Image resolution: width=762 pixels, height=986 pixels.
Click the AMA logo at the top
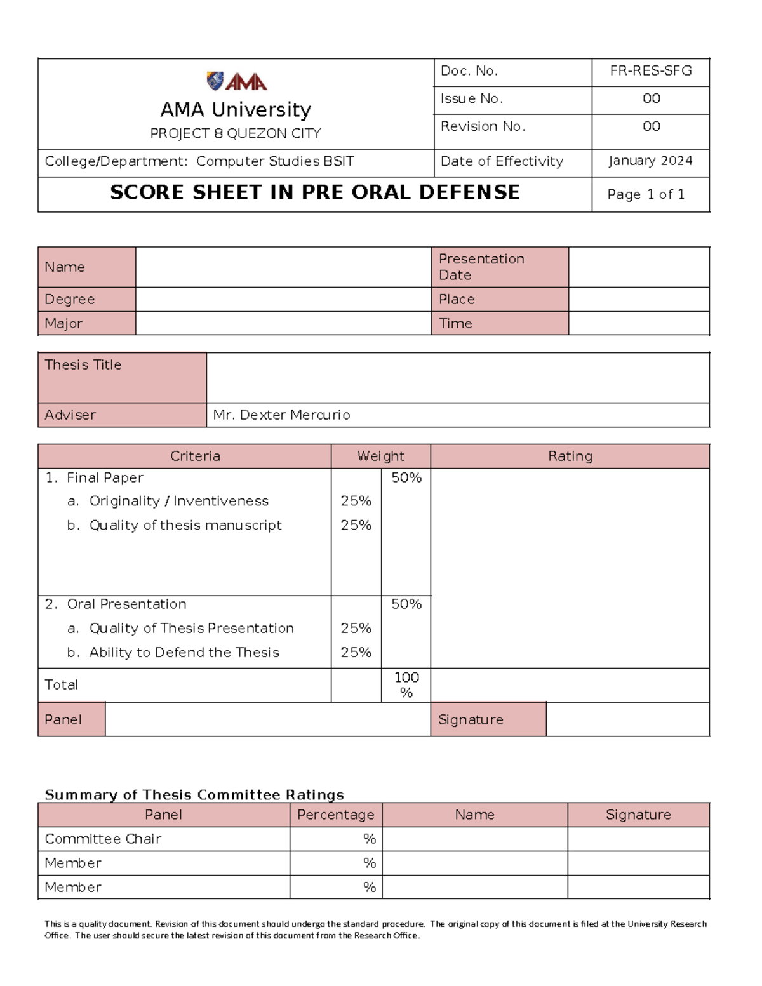coord(236,81)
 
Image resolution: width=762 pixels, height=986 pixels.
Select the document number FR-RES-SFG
coord(650,71)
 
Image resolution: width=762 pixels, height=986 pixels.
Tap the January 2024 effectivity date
coord(650,161)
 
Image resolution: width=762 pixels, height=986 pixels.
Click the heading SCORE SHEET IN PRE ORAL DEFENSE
coord(315,192)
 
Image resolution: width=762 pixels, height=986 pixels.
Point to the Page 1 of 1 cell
coord(646,195)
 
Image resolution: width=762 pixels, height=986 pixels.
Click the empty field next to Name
coord(283,267)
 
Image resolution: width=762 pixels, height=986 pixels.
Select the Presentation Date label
coord(481,267)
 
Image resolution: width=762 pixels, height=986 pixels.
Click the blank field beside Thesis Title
coord(457,378)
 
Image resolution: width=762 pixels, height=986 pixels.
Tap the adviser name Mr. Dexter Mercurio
coord(281,415)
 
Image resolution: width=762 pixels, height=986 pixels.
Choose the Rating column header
coord(570,456)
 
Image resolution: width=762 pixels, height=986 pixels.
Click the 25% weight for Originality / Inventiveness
coord(356,502)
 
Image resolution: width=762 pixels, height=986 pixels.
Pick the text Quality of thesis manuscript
coord(185,526)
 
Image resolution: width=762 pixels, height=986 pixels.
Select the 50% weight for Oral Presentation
coord(406,604)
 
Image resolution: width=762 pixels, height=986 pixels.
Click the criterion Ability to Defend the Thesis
coord(184,653)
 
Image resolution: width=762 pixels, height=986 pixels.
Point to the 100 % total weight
coord(406,685)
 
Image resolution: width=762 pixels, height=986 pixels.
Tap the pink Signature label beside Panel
coord(471,720)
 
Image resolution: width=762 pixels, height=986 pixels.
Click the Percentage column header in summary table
coord(335,815)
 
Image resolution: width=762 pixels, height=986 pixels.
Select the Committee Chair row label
coord(103,839)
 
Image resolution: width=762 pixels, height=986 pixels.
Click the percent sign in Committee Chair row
coord(370,839)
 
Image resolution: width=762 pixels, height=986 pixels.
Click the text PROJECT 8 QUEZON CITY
coord(236,134)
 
